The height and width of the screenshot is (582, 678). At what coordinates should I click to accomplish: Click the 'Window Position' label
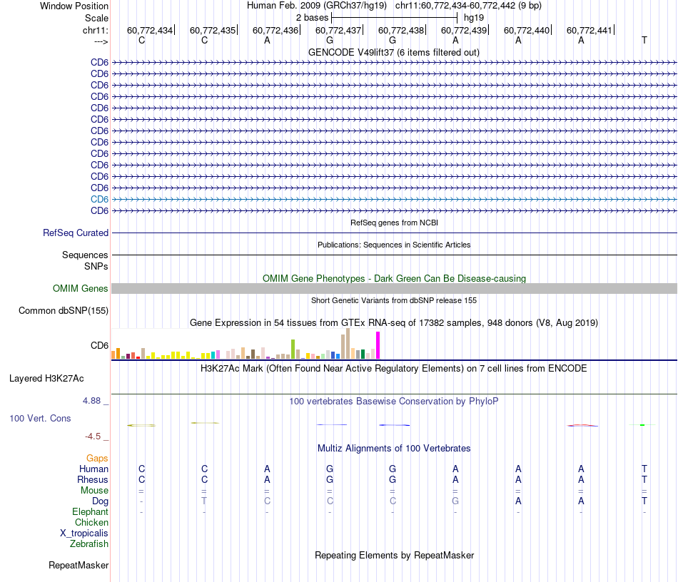click(x=74, y=6)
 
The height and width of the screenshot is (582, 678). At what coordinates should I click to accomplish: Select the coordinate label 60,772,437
click(x=339, y=30)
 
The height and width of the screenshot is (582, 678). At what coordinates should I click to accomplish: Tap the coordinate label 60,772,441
click(x=590, y=30)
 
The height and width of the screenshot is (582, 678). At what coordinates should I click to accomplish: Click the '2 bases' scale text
click(x=312, y=17)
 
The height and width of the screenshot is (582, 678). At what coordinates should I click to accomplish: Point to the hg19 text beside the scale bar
click(x=475, y=17)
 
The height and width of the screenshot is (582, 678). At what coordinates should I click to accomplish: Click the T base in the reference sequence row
click(x=644, y=40)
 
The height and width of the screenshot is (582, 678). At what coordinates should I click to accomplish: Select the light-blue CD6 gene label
click(x=99, y=199)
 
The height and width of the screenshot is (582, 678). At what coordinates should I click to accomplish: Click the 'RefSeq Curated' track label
click(x=76, y=233)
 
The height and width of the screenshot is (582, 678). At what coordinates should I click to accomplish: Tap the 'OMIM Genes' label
click(x=81, y=289)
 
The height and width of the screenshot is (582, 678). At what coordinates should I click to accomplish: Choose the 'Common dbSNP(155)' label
click(x=64, y=310)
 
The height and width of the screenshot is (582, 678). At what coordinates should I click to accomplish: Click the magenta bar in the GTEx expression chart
click(x=378, y=345)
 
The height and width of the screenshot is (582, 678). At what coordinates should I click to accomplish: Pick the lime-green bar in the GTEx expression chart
click(x=293, y=349)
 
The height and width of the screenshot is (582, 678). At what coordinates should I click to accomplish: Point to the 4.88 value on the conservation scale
click(x=96, y=401)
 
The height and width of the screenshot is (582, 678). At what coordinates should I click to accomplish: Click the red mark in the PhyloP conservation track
click(x=582, y=426)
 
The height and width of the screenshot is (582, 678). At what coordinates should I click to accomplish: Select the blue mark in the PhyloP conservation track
click(x=394, y=425)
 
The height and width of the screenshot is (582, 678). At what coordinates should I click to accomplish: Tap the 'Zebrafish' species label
click(x=89, y=543)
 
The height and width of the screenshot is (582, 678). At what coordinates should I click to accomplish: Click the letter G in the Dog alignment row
click(x=455, y=501)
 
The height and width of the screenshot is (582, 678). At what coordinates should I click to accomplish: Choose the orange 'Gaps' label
click(x=97, y=458)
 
